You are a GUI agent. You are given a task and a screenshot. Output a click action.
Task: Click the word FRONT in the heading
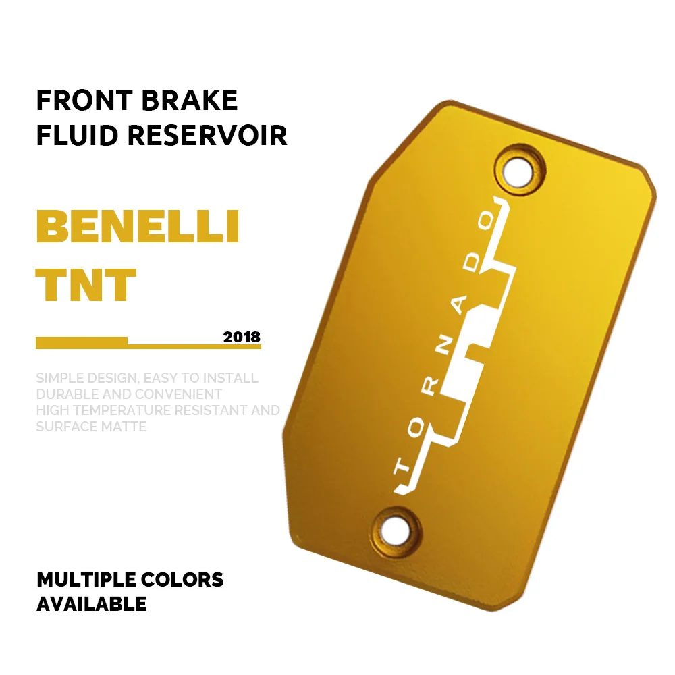click(x=74, y=101)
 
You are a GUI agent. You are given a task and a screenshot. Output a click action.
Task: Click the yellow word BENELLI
click(x=138, y=227)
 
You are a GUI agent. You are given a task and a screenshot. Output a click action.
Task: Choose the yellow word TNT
click(x=86, y=285)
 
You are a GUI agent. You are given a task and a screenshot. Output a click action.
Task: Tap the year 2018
click(x=241, y=337)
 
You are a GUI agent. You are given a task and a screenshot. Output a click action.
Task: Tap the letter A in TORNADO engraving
click(x=460, y=308)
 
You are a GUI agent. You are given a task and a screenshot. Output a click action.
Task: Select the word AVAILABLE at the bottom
click(x=91, y=603)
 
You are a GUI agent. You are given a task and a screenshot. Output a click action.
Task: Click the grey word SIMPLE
click(x=59, y=378)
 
